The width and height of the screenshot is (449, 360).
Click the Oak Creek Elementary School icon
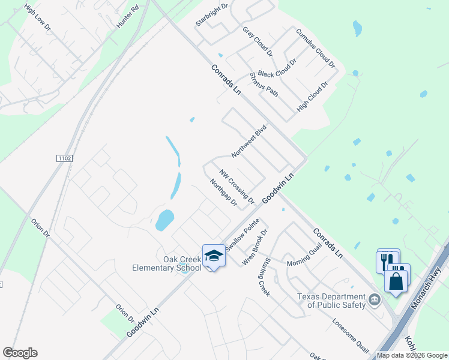point(214,256)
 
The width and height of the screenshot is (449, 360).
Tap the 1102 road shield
point(65,158)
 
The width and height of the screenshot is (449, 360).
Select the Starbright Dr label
point(212,16)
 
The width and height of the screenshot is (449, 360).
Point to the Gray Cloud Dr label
point(258,41)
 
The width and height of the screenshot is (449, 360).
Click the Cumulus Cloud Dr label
point(315,47)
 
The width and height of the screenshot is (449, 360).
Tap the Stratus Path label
point(264,85)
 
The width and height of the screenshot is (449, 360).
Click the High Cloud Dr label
point(313,97)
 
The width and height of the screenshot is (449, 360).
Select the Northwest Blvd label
point(249,142)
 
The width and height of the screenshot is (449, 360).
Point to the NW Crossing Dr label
point(237,185)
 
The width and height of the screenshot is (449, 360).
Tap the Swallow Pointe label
point(242,235)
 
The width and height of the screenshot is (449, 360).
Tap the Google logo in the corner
point(20,353)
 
